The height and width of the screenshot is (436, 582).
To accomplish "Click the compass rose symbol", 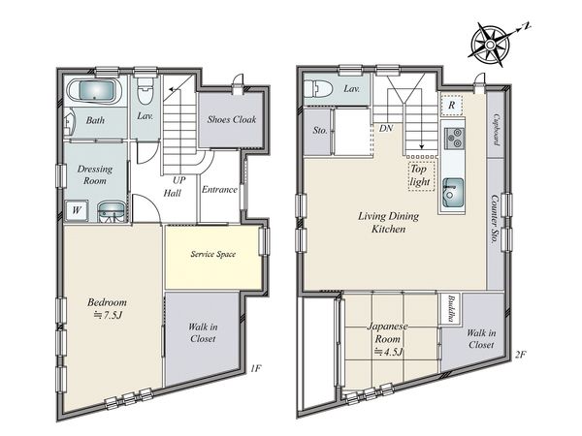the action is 490,45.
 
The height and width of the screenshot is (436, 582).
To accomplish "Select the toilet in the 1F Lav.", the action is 145,91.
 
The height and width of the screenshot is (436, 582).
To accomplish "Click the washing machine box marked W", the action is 76,210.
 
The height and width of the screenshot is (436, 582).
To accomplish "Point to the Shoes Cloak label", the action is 232,119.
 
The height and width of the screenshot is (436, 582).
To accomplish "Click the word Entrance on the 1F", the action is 219,190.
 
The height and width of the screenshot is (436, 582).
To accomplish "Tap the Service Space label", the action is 213,254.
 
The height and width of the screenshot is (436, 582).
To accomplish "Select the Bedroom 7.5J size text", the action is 108,315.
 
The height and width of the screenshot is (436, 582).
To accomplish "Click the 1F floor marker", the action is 256,368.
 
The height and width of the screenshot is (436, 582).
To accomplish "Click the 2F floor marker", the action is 521,355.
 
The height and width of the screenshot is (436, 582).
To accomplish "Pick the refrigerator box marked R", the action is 451,105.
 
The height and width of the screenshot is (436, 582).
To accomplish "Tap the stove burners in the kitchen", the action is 455,138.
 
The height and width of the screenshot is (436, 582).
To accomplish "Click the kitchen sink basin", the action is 453,193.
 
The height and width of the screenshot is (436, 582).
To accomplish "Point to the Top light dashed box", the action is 421,175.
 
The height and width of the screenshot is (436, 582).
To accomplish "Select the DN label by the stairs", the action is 386,129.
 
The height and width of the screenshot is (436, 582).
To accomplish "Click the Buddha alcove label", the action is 451,309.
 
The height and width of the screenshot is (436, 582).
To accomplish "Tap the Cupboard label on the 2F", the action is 496,130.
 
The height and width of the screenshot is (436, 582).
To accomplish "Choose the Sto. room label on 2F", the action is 320,130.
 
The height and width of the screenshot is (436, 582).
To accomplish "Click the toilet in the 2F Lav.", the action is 317,89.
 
